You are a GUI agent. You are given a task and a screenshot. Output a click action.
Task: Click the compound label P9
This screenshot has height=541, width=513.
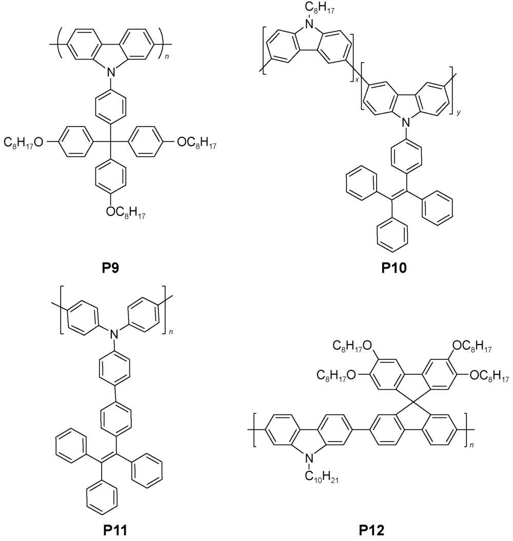pos(110,267)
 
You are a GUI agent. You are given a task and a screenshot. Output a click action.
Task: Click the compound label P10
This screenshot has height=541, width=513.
pos(394,267)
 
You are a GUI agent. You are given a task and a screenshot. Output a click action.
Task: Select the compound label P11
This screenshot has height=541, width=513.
pos(115,530)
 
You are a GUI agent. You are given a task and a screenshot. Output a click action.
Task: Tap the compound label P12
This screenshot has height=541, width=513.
pos(371,530)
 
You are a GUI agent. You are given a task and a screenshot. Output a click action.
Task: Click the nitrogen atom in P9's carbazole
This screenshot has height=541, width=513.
pos(110,72)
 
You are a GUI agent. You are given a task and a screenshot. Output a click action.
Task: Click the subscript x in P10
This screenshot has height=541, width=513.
pos(357,79)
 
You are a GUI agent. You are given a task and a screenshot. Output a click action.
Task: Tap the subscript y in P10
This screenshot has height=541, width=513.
pos(459,112)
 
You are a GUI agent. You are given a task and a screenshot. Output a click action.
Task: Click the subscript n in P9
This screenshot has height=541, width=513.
pos(167,56)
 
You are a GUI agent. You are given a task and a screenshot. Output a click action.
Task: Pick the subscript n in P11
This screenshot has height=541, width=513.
pos(171,332)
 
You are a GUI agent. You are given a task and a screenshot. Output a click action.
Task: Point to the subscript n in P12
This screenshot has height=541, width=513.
pos(471,446)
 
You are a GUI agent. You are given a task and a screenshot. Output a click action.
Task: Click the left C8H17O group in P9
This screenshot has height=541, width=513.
pos(24,142)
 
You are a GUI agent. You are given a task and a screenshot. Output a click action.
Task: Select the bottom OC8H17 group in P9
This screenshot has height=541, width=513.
pos(126,212)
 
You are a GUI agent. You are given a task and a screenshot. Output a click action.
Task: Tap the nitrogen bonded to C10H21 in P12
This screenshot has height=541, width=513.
pos(310,458)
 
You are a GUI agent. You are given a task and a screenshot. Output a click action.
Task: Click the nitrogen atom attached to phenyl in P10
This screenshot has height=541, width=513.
pos(406,123)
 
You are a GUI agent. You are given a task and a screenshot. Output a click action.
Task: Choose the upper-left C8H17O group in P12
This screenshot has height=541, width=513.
pos(352,346)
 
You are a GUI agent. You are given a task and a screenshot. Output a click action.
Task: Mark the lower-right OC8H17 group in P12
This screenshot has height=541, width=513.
pos(489,376)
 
